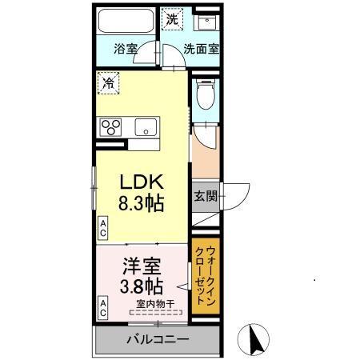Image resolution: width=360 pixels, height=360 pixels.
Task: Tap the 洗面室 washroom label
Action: click(201, 48)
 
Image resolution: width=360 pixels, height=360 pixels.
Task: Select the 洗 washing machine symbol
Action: click(172, 17)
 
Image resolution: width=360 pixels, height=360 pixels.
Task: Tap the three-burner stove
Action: click(110, 126)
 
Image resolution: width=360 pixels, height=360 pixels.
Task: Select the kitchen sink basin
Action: click(145, 126)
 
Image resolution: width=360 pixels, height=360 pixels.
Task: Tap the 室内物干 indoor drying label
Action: click(156, 302)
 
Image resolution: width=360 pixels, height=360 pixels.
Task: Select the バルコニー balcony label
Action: click(157, 339)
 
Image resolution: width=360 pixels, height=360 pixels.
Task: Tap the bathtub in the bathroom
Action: click(126, 22)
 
